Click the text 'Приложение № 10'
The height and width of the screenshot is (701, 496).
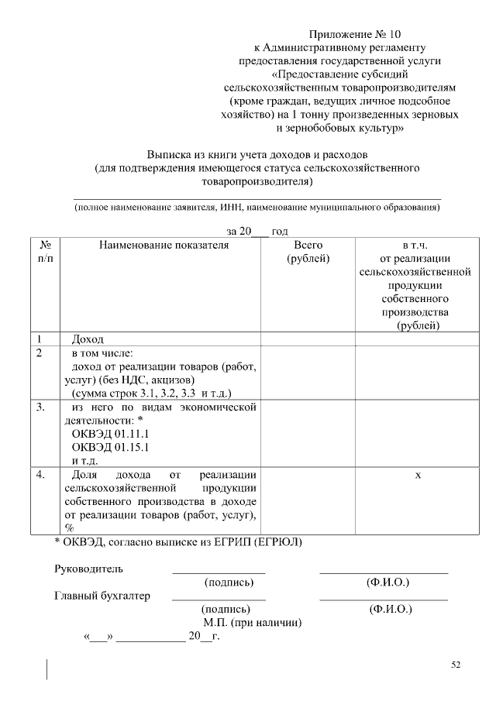(356, 34)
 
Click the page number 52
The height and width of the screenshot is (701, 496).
(456, 665)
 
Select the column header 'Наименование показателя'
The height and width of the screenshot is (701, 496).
(164, 246)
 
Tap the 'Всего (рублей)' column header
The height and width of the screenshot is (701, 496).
(308, 252)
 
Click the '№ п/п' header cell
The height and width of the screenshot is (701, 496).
(45, 252)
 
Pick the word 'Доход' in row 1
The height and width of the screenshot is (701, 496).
(88, 339)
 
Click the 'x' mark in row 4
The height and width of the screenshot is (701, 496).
(418, 474)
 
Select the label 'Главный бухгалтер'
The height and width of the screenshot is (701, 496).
(102, 596)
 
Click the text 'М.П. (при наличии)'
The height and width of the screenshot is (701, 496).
(253, 623)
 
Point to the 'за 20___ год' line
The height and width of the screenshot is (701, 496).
(257, 232)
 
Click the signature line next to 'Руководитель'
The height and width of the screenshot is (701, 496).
(219, 572)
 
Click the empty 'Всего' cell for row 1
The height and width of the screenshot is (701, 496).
(308, 339)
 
